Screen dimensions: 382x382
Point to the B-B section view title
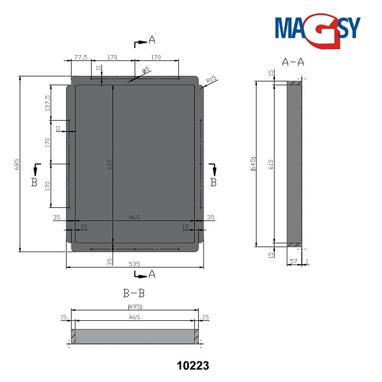[x=134, y=293]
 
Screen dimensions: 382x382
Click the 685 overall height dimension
[x=17, y=164]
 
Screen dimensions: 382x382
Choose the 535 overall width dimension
[x=134, y=263]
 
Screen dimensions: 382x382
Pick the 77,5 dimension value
[x=81, y=57]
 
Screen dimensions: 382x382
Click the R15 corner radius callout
[x=212, y=80]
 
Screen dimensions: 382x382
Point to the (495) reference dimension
[x=134, y=307]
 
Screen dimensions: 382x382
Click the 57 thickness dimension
[x=293, y=262]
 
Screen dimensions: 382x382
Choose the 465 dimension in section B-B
[x=134, y=317]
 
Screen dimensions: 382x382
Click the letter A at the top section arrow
[x=152, y=39]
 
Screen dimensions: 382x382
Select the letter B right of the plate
[x=213, y=182]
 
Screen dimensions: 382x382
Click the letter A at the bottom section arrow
[x=152, y=274]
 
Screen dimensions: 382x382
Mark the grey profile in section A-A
[x=295, y=164]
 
